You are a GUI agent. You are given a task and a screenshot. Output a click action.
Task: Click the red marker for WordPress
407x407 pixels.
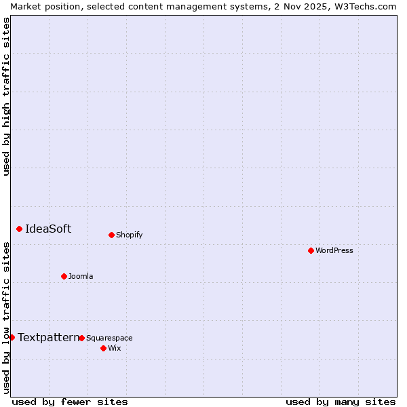(x=311, y=250)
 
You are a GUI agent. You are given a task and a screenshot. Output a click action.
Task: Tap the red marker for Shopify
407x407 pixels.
(x=111, y=235)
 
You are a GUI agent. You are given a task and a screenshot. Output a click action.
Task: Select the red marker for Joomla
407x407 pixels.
(x=64, y=276)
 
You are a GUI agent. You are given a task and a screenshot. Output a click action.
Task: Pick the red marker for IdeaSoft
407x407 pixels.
(x=19, y=229)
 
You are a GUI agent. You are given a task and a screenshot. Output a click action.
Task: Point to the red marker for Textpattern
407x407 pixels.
(x=12, y=337)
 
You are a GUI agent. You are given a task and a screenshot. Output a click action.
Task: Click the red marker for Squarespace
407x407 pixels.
(x=81, y=338)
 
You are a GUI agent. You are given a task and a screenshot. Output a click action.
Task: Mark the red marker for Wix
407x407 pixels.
(x=103, y=348)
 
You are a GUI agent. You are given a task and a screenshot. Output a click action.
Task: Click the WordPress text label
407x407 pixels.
(x=334, y=250)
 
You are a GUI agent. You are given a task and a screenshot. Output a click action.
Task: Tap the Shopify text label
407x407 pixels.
(x=130, y=235)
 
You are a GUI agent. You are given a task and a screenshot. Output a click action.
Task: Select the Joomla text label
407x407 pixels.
(x=81, y=276)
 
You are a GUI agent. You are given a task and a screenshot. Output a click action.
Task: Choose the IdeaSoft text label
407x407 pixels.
(x=48, y=229)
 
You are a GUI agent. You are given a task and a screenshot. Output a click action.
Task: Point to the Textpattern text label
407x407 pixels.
(x=48, y=337)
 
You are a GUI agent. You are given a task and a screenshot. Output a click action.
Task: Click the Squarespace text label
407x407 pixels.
(x=109, y=338)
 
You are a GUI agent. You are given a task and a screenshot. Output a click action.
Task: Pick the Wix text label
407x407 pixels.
(x=114, y=348)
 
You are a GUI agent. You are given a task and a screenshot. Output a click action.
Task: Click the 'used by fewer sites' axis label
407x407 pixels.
(x=70, y=402)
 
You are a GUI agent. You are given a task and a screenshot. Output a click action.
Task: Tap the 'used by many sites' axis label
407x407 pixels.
(x=341, y=402)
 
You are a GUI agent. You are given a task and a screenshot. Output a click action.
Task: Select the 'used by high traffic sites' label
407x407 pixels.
(x=6, y=96)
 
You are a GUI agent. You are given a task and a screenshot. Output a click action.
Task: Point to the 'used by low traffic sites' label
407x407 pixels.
(x=6, y=317)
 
